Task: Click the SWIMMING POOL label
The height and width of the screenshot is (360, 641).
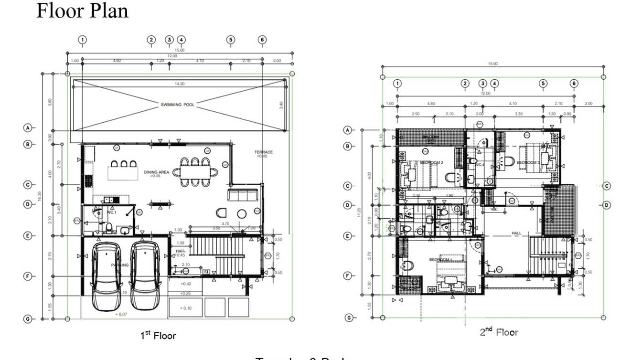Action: pos(177,105)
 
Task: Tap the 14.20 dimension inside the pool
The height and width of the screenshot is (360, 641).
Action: pos(180,84)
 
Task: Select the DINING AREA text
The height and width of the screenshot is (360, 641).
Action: pos(157,172)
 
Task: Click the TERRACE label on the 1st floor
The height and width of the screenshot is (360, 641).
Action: pos(263,153)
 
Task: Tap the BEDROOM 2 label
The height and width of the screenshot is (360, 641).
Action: pos(431,163)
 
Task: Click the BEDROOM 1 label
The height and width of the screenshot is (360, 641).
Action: pos(440,260)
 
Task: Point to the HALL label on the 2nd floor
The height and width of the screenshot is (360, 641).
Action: pos(516,233)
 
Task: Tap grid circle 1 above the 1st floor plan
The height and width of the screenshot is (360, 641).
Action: pos(83,40)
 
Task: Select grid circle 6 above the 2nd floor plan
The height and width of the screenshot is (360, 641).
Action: pos(574,84)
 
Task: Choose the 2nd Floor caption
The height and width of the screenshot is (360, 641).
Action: pos(499,332)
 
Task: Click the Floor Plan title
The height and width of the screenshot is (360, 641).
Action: pos(82,11)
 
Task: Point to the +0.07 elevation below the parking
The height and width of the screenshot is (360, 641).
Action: pos(122,314)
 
